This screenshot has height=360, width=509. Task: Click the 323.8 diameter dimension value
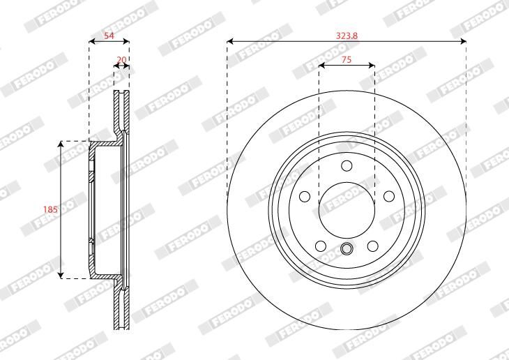(x=347, y=36)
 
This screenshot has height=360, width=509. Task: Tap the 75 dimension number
(x=347, y=60)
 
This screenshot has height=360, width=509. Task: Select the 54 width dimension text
(x=109, y=36)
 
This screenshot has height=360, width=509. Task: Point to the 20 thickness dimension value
(x=121, y=60)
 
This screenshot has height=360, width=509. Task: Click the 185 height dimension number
(x=50, y=209)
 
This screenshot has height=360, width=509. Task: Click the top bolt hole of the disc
(x=347, y=166)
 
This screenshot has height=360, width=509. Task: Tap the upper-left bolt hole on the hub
(x=305, y=196)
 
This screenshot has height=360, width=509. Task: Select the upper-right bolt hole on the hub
(x=389, y=196)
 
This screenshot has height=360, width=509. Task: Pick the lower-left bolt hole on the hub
(x=321, y=246)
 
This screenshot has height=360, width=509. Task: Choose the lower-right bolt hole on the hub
(x=372, y=246)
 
